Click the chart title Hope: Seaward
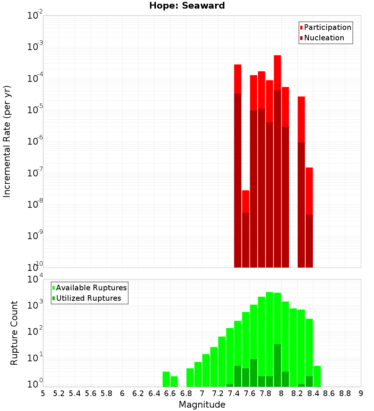click(x=187, y=6)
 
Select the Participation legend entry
click(x=325, y=27)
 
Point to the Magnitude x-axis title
click(x=202, y=405)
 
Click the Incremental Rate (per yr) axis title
click(x=7, y=141)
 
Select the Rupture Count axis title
click(x=14, y=333)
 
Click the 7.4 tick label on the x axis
click(x=234, y=393)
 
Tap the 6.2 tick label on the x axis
click(x=138, y=393)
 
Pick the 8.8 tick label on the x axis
click(x=345, y=393)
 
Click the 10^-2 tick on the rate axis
click(x=35, y=15)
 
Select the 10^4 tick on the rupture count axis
click(x=35, y=279)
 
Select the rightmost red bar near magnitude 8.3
click(x=309, y=191)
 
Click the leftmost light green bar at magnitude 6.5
click(x=166, y=379)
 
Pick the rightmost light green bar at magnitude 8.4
click(x=317, y=376)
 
